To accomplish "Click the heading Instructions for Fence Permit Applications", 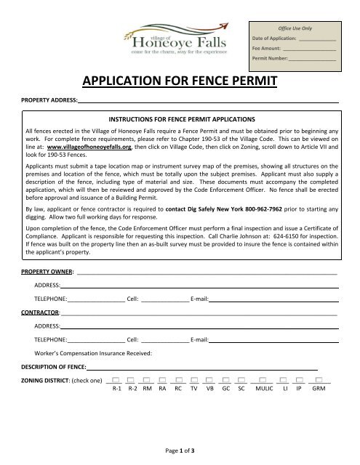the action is click(x=180, y=118).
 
